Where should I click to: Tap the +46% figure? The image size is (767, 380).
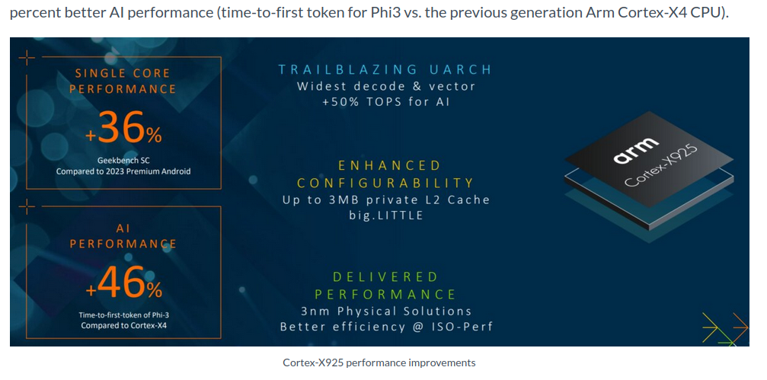point(123,283)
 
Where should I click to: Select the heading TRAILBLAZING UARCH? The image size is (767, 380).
point(385,69)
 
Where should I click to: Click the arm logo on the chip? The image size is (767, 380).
point(635,150)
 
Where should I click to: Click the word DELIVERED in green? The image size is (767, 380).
point(385,277)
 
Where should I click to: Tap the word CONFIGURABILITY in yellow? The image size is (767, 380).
point(385,183)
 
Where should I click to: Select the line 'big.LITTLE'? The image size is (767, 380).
point(385,216)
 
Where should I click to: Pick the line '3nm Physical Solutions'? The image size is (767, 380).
point(385,311)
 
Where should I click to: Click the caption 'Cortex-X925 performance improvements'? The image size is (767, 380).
point(379,363)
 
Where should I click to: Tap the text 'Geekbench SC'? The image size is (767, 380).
point(123,161)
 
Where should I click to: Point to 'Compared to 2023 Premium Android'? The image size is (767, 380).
point(123,171)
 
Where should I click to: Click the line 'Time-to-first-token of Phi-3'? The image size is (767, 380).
point(123,315)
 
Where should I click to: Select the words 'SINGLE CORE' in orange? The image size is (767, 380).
point(123,73)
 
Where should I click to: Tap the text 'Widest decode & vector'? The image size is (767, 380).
point(385,87)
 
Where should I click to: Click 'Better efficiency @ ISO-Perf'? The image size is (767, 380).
point(385,327)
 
